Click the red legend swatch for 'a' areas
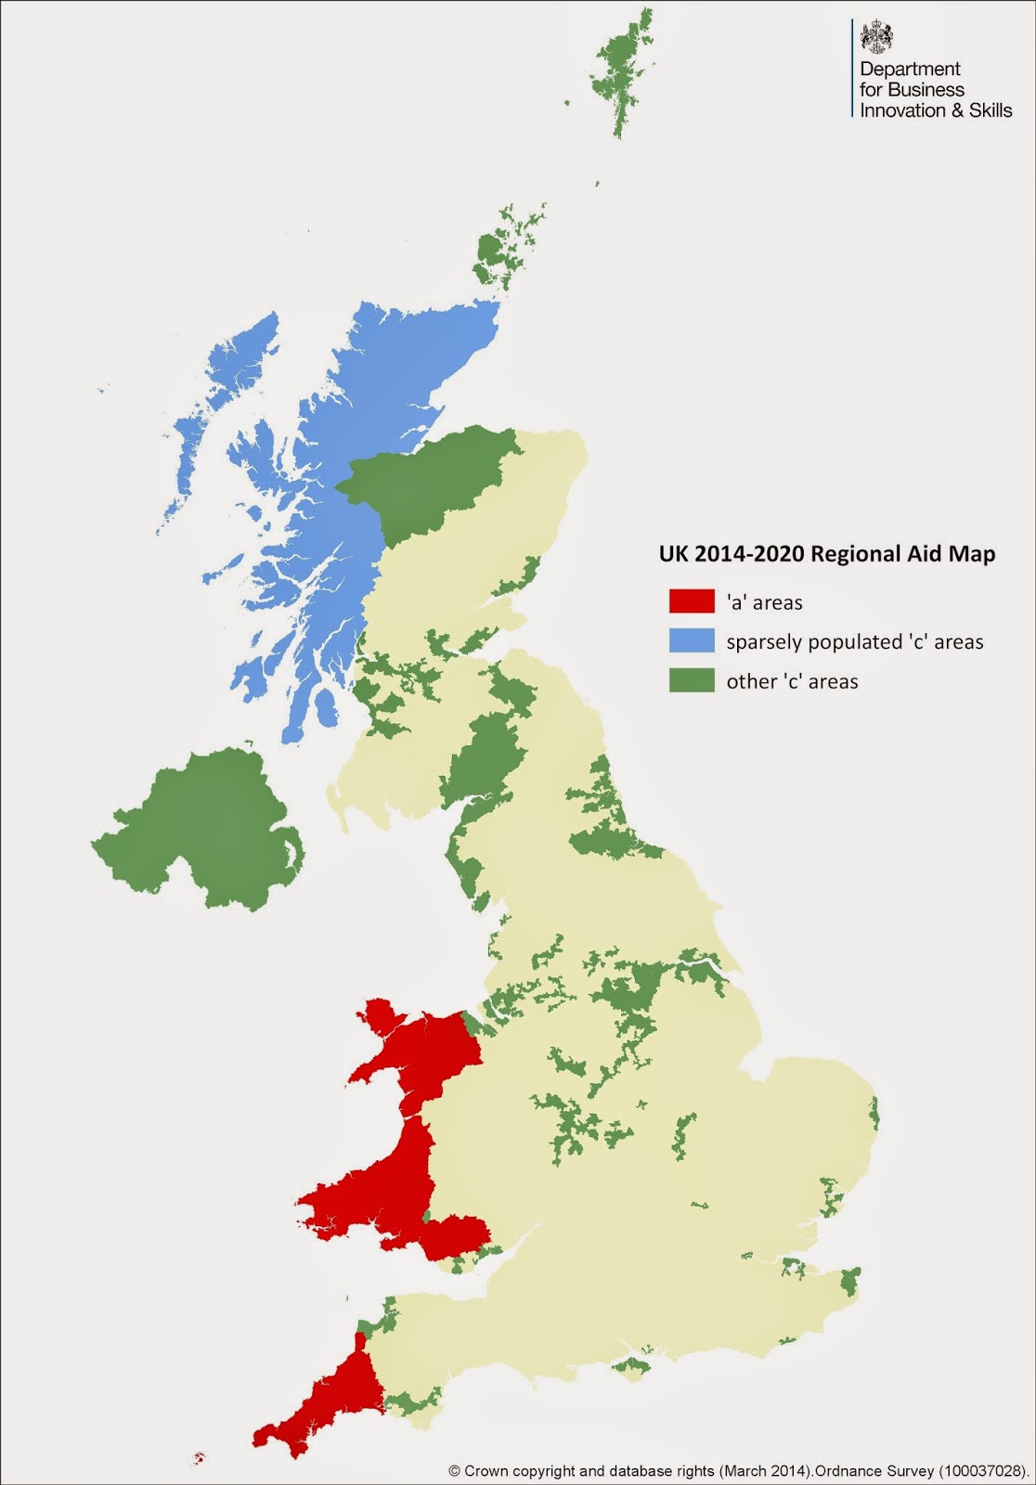point(692,601)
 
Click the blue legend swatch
point(692,641)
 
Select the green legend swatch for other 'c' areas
point(692,680)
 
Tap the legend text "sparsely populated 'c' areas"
point(854,642)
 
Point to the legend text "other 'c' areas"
point(792,681)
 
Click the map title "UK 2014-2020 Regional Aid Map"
point(826,554)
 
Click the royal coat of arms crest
point(877,38)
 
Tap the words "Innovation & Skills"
point(936,110)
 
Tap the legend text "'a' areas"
point(764,602)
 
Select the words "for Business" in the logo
point(912,90)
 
